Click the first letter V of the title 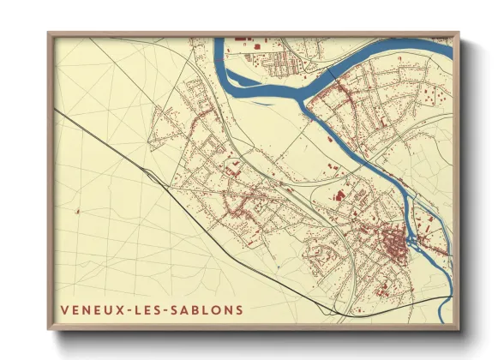tap(63, 309)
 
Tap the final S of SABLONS tap(238, 309)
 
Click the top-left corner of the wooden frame tap(49, 33)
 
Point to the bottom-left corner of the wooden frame tap(49, 329)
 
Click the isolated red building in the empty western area tap(78, 210)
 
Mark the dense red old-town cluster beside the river tap(395, 246)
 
